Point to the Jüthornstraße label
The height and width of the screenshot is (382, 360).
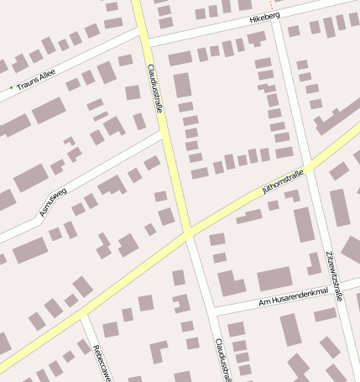coord(282,181)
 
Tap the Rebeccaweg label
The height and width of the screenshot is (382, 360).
coord(102,362)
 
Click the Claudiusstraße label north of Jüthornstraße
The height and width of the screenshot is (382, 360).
coord(155,87)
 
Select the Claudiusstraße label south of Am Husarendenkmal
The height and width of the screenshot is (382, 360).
coord(221,359)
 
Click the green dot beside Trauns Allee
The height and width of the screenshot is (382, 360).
coord(12,87)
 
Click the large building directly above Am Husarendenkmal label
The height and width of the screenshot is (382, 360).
coord(274,279)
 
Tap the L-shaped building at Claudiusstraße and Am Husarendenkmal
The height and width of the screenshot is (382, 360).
coord(228,284)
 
